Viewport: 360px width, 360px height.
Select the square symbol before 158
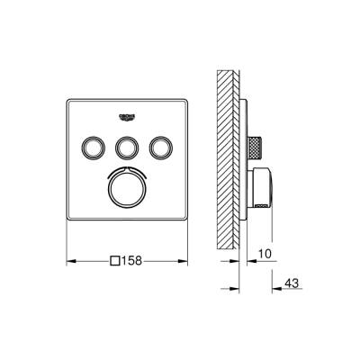tap(113, 263)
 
